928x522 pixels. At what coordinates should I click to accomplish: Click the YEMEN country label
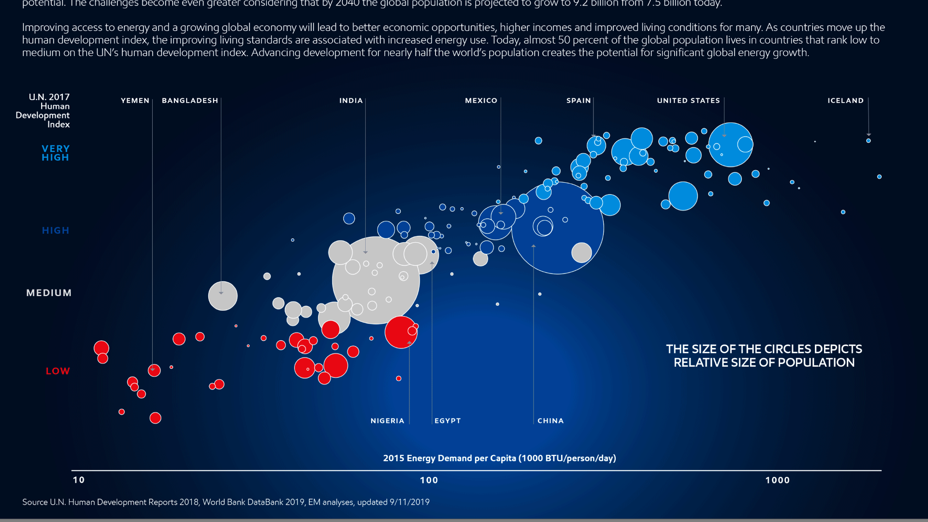pos(135,101)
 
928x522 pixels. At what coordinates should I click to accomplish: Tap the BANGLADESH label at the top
pos(190,101)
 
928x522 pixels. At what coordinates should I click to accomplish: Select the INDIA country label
pos(351,101)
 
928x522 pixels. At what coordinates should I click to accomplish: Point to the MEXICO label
pos(481,101)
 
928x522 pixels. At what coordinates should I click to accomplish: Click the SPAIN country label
pos(579,101)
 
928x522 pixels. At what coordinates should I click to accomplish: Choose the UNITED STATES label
pos(688,101)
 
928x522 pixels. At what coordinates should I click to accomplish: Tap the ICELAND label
pos(845,101)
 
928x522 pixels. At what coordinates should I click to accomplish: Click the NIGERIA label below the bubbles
pos(387,421)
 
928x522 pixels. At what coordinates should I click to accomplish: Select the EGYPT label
pos(448,421)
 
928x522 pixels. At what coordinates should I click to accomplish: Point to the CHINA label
pos(551,421)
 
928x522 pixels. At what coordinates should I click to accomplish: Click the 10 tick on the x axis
pos(79,480)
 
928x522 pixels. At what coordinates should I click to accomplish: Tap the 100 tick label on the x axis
pos(429,480)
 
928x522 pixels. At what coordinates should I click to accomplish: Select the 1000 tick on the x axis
pos(777,480)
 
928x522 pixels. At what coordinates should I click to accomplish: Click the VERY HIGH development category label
pos(56,153)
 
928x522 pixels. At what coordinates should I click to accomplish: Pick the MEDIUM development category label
pos(49,293)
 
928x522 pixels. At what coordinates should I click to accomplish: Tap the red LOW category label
pos(58,371)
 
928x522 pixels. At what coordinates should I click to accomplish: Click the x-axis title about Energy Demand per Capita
pos(499,458)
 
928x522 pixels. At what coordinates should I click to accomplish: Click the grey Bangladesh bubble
pos(223,296)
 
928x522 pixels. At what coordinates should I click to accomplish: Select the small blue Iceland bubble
pos(869,141)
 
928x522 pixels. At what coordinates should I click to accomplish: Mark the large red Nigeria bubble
pos(400,333)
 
